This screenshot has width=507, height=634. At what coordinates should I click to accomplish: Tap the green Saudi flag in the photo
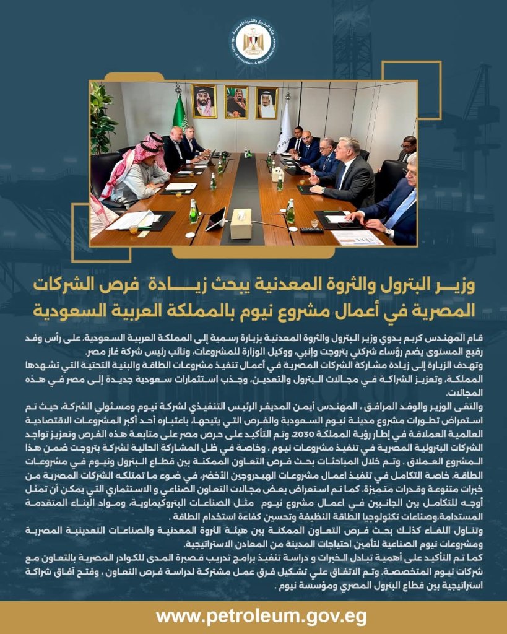pos(179,115)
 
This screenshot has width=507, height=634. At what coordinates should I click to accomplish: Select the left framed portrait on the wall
pos(204,102)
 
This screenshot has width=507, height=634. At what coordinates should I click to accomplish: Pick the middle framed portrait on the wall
pos(236,102)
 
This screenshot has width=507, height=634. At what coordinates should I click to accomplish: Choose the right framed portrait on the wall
pos(267,103)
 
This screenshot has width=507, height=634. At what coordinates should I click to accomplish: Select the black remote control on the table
pos(311,230)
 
